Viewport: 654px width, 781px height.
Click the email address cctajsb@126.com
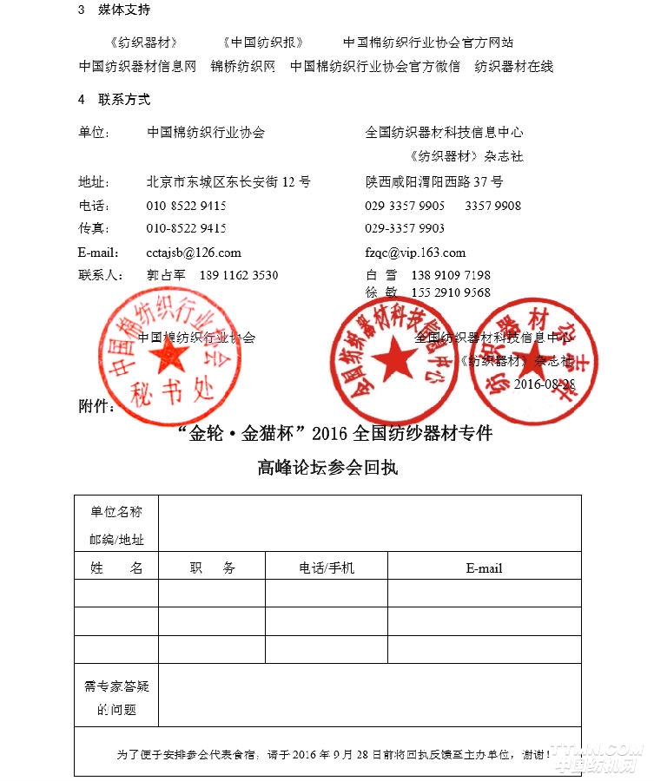click(x=194, y=253)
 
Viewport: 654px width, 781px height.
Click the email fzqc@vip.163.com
click(x=415, y=253)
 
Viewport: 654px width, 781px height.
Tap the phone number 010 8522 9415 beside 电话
click(x=186, y=206)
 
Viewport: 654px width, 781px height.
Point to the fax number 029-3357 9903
click(x=405, y=228)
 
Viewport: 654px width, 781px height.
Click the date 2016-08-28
click(x=545, y=384)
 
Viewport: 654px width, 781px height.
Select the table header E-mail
click(x=484, y=568)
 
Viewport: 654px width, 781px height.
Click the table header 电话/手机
click(x=327, y=568)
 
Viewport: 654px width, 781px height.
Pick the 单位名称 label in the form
click(x=116, y=512)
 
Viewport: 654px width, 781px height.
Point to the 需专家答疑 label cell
click(x=116, y=686)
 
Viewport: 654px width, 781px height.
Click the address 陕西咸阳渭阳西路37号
click(x=434, y=182)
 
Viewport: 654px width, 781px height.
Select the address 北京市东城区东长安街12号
click(x=228, y=182)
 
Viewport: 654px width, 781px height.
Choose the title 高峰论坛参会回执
click(x=327, y=467)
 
